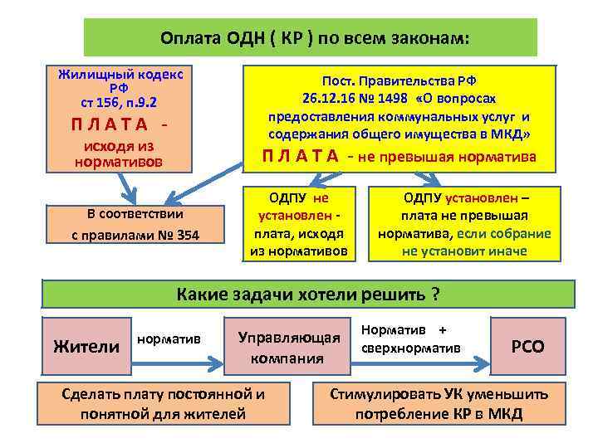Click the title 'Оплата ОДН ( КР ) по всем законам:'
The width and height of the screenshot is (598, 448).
(x=311, y=38)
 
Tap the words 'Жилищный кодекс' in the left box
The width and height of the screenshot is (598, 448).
(x=120, y=75)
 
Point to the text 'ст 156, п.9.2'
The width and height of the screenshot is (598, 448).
(x=120, y=101)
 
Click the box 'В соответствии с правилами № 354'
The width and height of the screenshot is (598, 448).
(x=135, y=224)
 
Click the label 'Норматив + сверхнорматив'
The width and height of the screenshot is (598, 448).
(x=409, y=338)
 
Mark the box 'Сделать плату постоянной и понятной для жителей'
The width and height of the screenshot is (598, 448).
(x=163, y=403)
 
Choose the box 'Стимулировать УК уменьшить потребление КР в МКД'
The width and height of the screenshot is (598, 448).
(x=439, y=403)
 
